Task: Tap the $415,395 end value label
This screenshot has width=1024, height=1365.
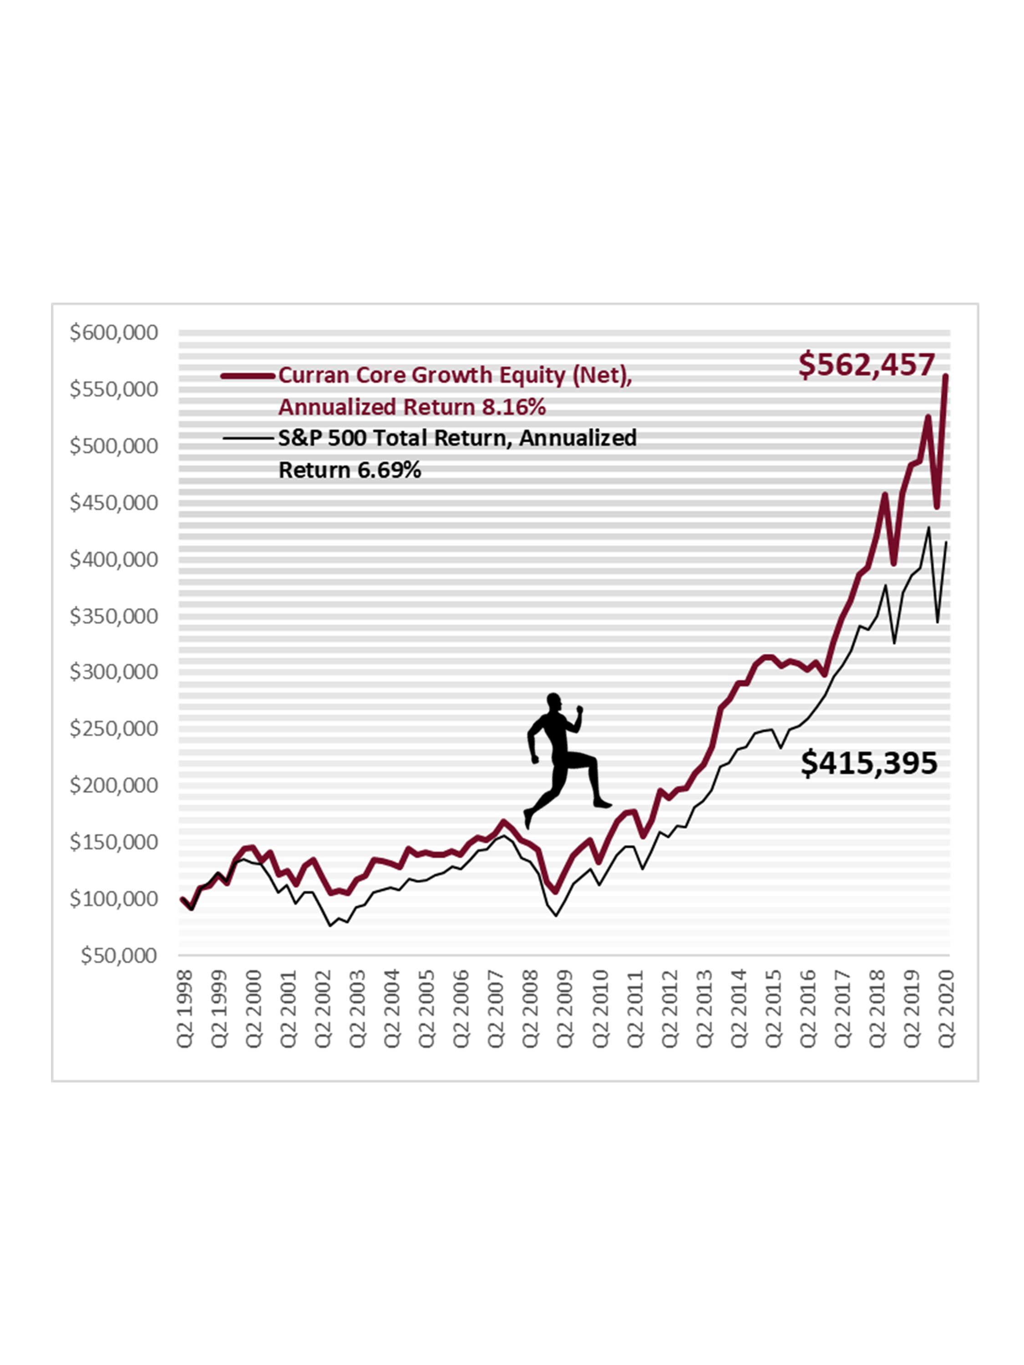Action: coord(868,763)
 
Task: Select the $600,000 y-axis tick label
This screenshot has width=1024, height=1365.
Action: coord(114,333)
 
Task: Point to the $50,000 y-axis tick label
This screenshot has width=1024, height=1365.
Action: coord(119,955)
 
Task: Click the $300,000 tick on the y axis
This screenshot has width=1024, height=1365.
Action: coord(114,672)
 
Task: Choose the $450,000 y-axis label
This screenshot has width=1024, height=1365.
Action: coord(114,502)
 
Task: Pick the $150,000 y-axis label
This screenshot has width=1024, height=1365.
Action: coord(114,842)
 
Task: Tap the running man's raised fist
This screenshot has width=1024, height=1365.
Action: coord(579,710)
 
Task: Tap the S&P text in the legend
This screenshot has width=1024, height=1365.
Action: coord(299,438)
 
